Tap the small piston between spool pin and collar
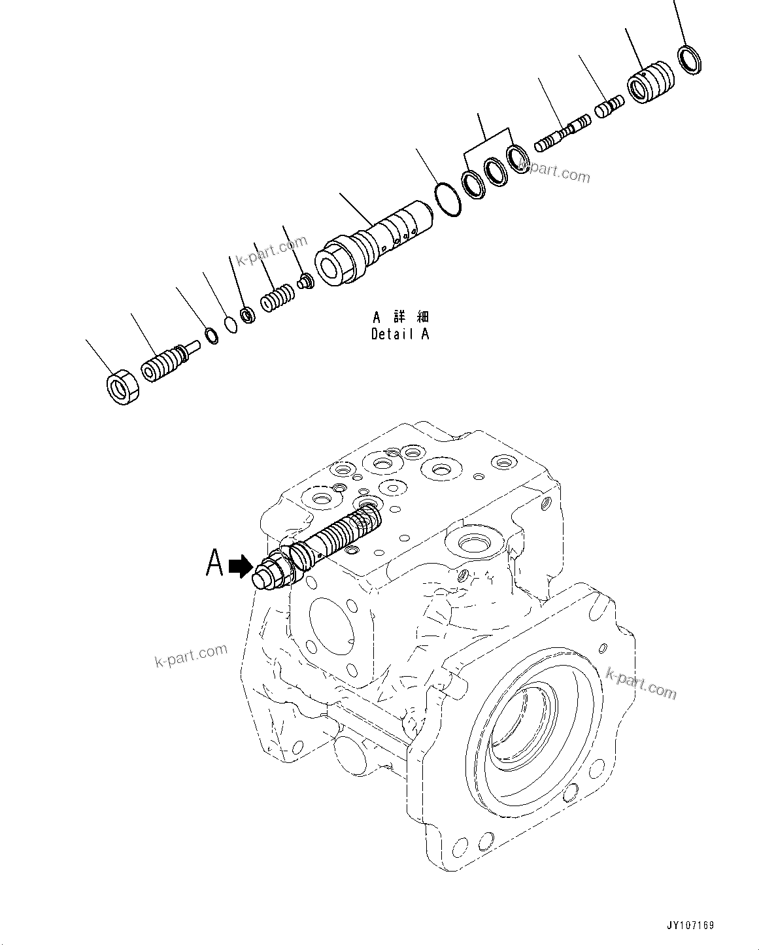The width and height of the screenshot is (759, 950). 610,107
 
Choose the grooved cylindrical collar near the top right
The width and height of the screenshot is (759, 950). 650,82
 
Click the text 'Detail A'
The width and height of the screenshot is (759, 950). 400,334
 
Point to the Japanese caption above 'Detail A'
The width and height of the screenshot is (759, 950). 400,318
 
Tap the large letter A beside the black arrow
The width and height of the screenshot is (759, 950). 215,563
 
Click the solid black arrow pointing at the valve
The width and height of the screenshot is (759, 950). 241,566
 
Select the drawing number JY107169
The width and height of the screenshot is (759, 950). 690,925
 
